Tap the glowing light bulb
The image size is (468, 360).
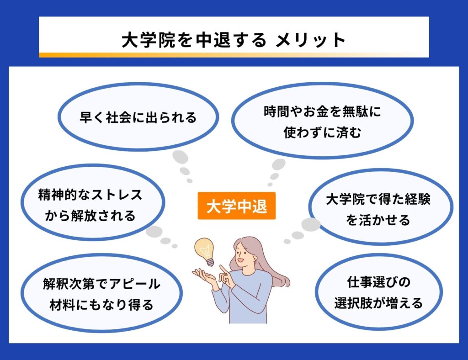[205, 251]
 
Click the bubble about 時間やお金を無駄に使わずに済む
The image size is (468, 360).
[322, 121]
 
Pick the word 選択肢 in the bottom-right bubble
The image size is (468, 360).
[358, 303]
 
